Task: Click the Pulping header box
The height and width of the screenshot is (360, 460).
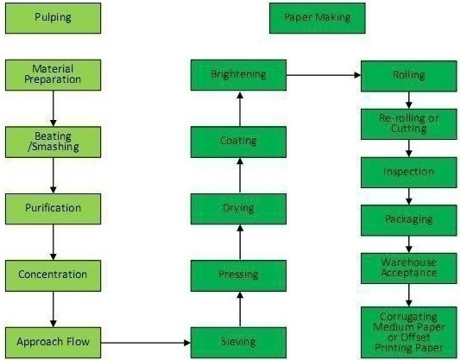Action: tap(54, 18)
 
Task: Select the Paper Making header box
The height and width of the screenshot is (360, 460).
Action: tap(318, 18)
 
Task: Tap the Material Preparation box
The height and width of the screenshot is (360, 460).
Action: tap(54, 75)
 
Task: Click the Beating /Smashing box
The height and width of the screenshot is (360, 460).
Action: tap(54, 142)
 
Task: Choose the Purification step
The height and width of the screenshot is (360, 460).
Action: tap(54, 209)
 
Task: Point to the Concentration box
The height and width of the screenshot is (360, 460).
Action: tap(54, 275)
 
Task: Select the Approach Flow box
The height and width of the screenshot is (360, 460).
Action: tap(54, 343)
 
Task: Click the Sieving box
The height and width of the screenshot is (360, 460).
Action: tap(238, 343)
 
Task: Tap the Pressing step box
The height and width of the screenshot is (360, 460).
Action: tap(238, 275)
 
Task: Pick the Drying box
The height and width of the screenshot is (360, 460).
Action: tap(238, 209)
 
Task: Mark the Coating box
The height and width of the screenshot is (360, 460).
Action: tap(238, 142)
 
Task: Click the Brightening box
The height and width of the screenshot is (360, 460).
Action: tap(238, 75)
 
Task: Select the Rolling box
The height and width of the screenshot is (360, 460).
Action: tap(409, 76)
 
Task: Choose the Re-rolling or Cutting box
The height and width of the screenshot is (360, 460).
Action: tap(409, 124)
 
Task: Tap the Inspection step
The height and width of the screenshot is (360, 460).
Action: tap(409, 173)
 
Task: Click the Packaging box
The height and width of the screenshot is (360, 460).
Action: tap(409, 220)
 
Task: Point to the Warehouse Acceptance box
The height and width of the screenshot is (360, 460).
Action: tap(409, 268)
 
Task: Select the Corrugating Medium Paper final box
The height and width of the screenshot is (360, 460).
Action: tap(409, 332)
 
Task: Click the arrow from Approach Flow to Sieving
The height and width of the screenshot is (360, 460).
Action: tap(146, 343)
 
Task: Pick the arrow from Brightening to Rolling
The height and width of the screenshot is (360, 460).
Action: tap(324, 75)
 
